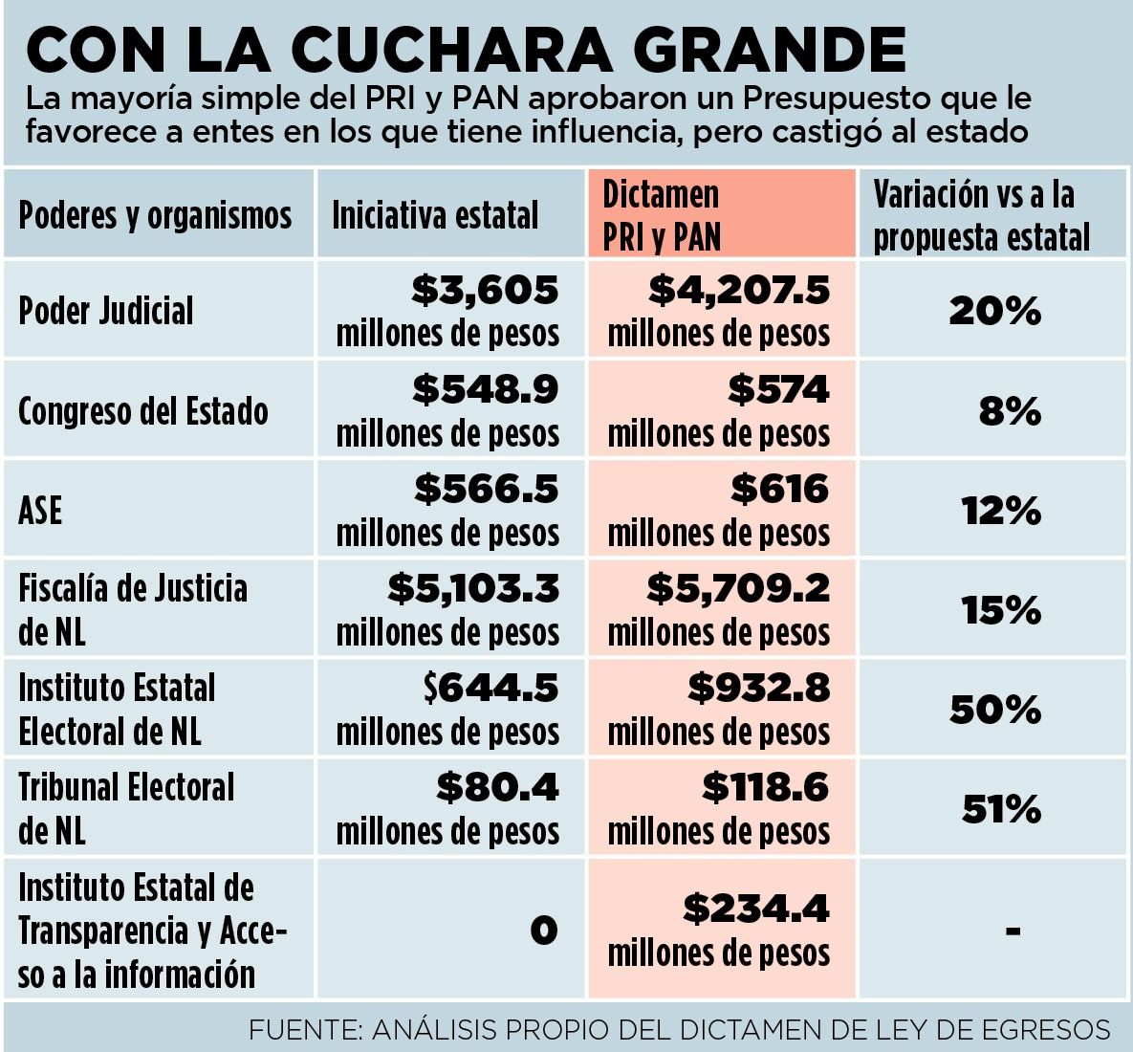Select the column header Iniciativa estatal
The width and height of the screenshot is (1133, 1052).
(x=435, y=215)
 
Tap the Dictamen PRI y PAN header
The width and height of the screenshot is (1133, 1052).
(x=662, y=215)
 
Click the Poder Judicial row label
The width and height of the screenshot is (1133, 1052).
(x=106, y=311)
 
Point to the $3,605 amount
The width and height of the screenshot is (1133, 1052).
(x=486, y=290)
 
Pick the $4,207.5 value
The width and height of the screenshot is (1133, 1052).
(x=739, y=290)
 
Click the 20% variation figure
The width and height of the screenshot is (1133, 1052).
(x=994, y=311)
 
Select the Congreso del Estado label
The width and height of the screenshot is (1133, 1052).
(x=143, y=411)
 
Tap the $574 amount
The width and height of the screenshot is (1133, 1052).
(x=778, y=389)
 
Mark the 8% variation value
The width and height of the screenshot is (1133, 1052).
(x=1010, y=412)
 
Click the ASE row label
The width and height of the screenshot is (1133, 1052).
(x=40, y=511)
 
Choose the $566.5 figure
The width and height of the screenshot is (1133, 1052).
(x=487, y=489)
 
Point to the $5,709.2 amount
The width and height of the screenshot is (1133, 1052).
(x=738, y=588)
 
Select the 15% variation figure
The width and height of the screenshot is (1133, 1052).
(x=1001, y=610)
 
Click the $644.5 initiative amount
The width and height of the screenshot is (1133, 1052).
(x=491, y=688)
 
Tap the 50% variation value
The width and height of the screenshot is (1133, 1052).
(x=994, y=710)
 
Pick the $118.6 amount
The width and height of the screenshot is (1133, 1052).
(x=766, y=787)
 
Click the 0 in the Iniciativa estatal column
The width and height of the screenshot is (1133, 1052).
(x=543, y=930)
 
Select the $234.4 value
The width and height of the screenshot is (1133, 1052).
(x=756, y=909)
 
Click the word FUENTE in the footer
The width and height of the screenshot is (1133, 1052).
(x=300, y=1030)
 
